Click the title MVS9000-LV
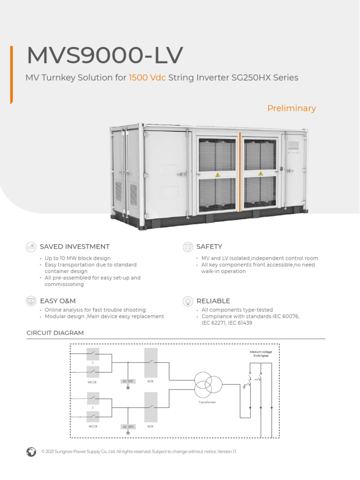(105, 56)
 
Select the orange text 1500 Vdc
(147, 78)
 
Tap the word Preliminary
(292, 108)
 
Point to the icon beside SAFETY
(187, 247)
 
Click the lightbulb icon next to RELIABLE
(187, 300)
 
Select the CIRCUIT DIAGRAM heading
(55, 333)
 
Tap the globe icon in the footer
(31, 451)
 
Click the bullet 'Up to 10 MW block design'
(77, 258)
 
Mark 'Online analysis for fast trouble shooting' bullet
(95, 310)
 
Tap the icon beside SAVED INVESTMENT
(31, 247)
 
